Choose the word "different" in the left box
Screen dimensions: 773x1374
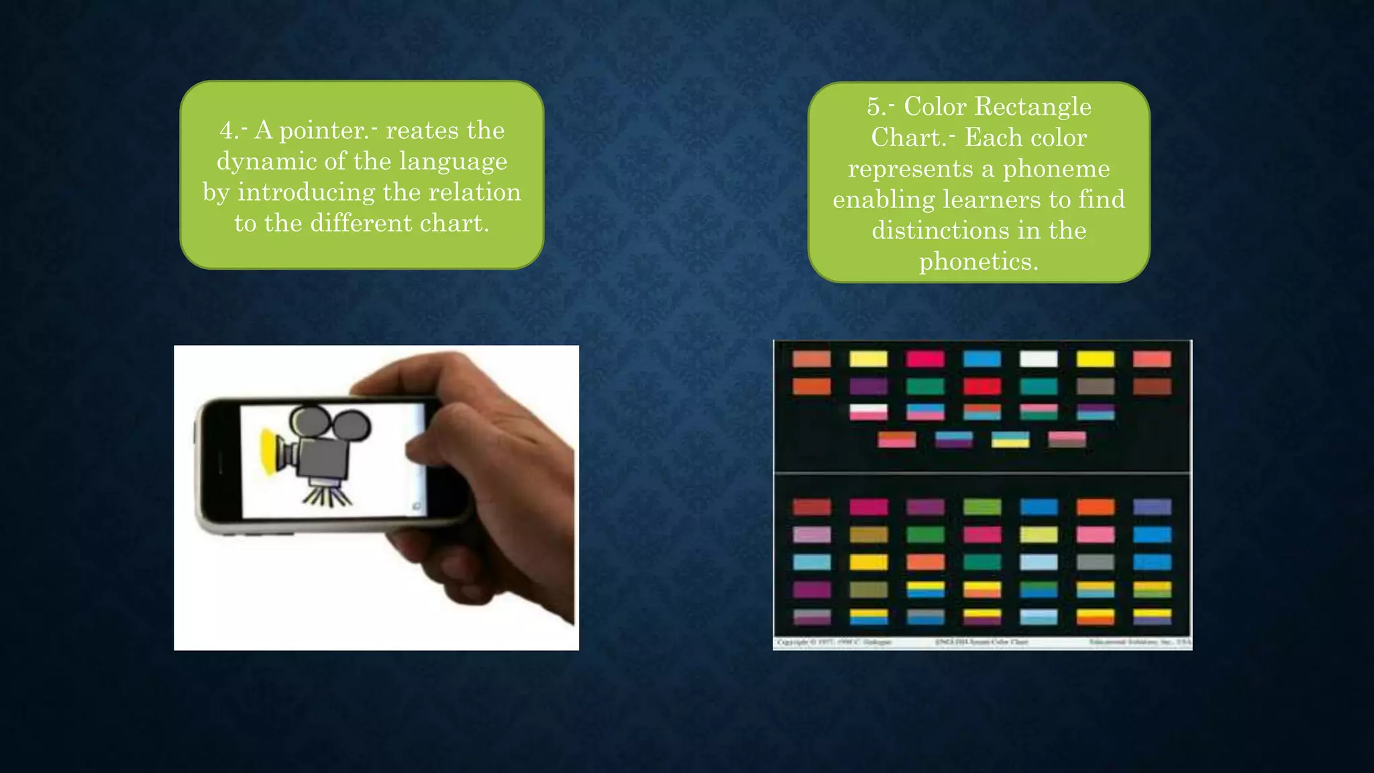[361, 223]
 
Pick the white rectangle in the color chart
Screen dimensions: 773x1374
[1039, 359]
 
